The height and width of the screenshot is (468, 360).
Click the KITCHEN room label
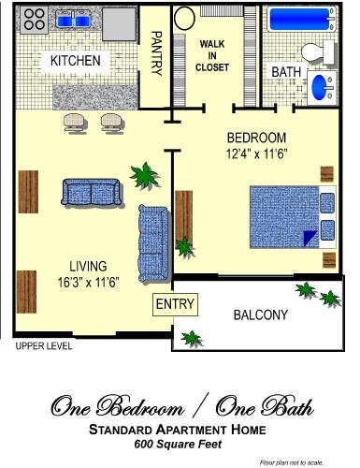click(x=75, y=61)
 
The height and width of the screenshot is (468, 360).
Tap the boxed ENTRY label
click(x=175, y=304)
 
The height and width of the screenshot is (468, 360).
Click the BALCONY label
click(x=260, y=315)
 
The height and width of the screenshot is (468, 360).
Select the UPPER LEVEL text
click(x=43, y=346)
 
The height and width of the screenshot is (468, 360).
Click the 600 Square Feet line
click(x=177, y=444)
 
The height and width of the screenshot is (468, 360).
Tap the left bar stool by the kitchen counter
click(x=74, y=123)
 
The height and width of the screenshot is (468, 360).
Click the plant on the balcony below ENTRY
click(x=192, y=336)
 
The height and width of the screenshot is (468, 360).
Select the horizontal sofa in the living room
click(x=90, y=193)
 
